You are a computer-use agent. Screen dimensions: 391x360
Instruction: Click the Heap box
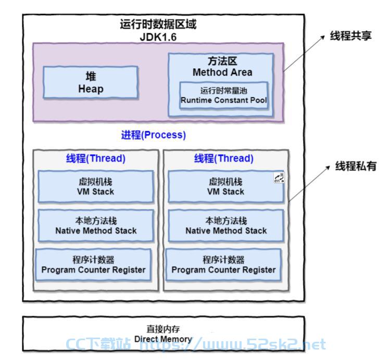point(91,82)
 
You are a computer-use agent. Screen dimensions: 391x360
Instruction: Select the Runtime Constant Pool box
point(224,95)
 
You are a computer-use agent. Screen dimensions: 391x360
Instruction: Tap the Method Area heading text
point(222,72)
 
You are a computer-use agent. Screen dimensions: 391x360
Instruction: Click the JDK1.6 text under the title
point(158,37)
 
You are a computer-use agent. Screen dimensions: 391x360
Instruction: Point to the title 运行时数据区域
point(158,24)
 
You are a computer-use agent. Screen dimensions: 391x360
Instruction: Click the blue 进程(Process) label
point(154,135)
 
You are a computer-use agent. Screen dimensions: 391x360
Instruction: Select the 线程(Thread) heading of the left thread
point(95,158)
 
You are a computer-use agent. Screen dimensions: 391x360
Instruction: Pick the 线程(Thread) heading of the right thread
point(224,158)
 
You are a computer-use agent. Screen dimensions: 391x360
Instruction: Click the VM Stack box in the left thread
point(96,187)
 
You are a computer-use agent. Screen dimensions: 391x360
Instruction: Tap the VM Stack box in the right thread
point(226,187)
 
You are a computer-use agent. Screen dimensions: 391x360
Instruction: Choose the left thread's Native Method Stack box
point(96,226)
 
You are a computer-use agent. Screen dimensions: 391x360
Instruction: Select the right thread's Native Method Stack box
point(226,226)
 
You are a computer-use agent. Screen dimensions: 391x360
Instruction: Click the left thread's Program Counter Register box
point(93,265)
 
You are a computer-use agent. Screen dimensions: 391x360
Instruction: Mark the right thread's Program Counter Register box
point(223,265)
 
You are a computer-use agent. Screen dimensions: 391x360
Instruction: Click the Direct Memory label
point(163,334)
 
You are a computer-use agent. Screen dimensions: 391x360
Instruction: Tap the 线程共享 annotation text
point(350,35)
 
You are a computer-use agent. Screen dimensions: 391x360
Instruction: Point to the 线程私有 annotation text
point(356,166)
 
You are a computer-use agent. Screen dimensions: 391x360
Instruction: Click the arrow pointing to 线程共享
point(304,54)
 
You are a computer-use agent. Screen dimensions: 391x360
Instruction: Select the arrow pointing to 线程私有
point(309,184)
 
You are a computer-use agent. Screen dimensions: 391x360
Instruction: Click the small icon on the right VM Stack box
point(279,178)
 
